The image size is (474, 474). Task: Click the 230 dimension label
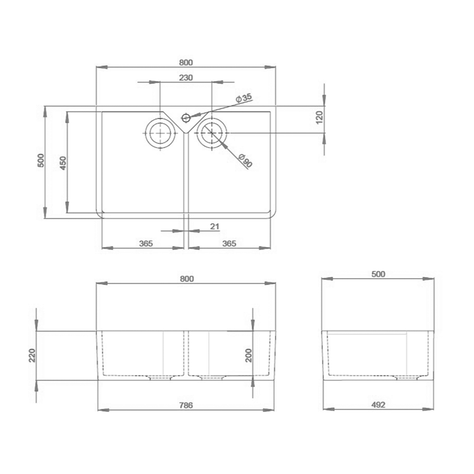[185, 78]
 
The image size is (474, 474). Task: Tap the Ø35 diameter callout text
[244, 98]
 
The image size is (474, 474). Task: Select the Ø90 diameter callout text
[245, 160]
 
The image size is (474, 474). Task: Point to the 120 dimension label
[319, 117]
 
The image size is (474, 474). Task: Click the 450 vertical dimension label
[63, 163]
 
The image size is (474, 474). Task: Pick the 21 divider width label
[214, 227]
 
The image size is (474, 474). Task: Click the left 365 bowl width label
[146, 244]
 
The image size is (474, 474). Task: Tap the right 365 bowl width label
[229, 244]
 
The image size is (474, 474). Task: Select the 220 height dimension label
[32, 356]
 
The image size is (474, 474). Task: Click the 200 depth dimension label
[248, 356]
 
